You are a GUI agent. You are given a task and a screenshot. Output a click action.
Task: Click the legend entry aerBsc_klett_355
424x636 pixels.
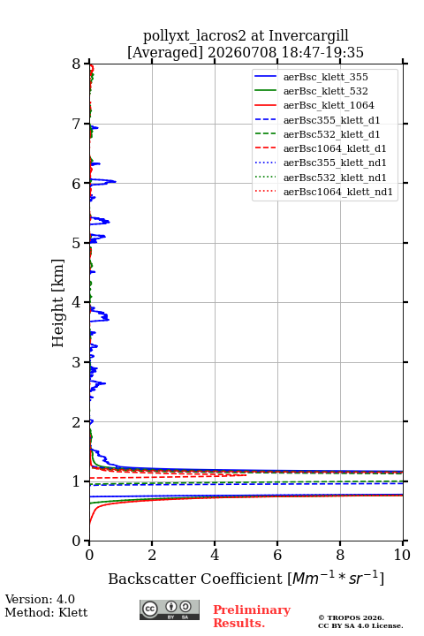(325, 77)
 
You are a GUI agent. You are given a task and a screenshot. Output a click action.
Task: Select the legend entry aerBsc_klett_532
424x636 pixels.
(325, 91)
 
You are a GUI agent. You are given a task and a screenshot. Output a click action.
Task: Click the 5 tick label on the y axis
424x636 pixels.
(77, 243)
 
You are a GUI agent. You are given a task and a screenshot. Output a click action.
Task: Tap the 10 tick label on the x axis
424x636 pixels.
(402, 555)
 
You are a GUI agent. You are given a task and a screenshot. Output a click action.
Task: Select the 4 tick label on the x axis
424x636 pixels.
(215, 555)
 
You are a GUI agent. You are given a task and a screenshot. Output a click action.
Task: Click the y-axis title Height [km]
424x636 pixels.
(58, 303)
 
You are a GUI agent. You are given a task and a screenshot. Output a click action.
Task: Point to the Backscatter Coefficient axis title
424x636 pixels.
(246, 578)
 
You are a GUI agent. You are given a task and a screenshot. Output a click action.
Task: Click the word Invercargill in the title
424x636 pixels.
(308, 36)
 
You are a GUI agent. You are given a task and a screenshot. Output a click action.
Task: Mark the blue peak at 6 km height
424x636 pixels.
(115, 181)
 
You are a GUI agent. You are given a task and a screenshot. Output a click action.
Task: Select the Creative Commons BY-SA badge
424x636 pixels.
(170, 609)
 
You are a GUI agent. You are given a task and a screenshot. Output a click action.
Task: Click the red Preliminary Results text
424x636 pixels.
(252, 617)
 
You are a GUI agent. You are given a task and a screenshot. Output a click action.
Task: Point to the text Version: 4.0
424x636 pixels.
(40, 599)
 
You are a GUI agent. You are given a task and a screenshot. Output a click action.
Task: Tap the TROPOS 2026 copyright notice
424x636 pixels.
(352, 617)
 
